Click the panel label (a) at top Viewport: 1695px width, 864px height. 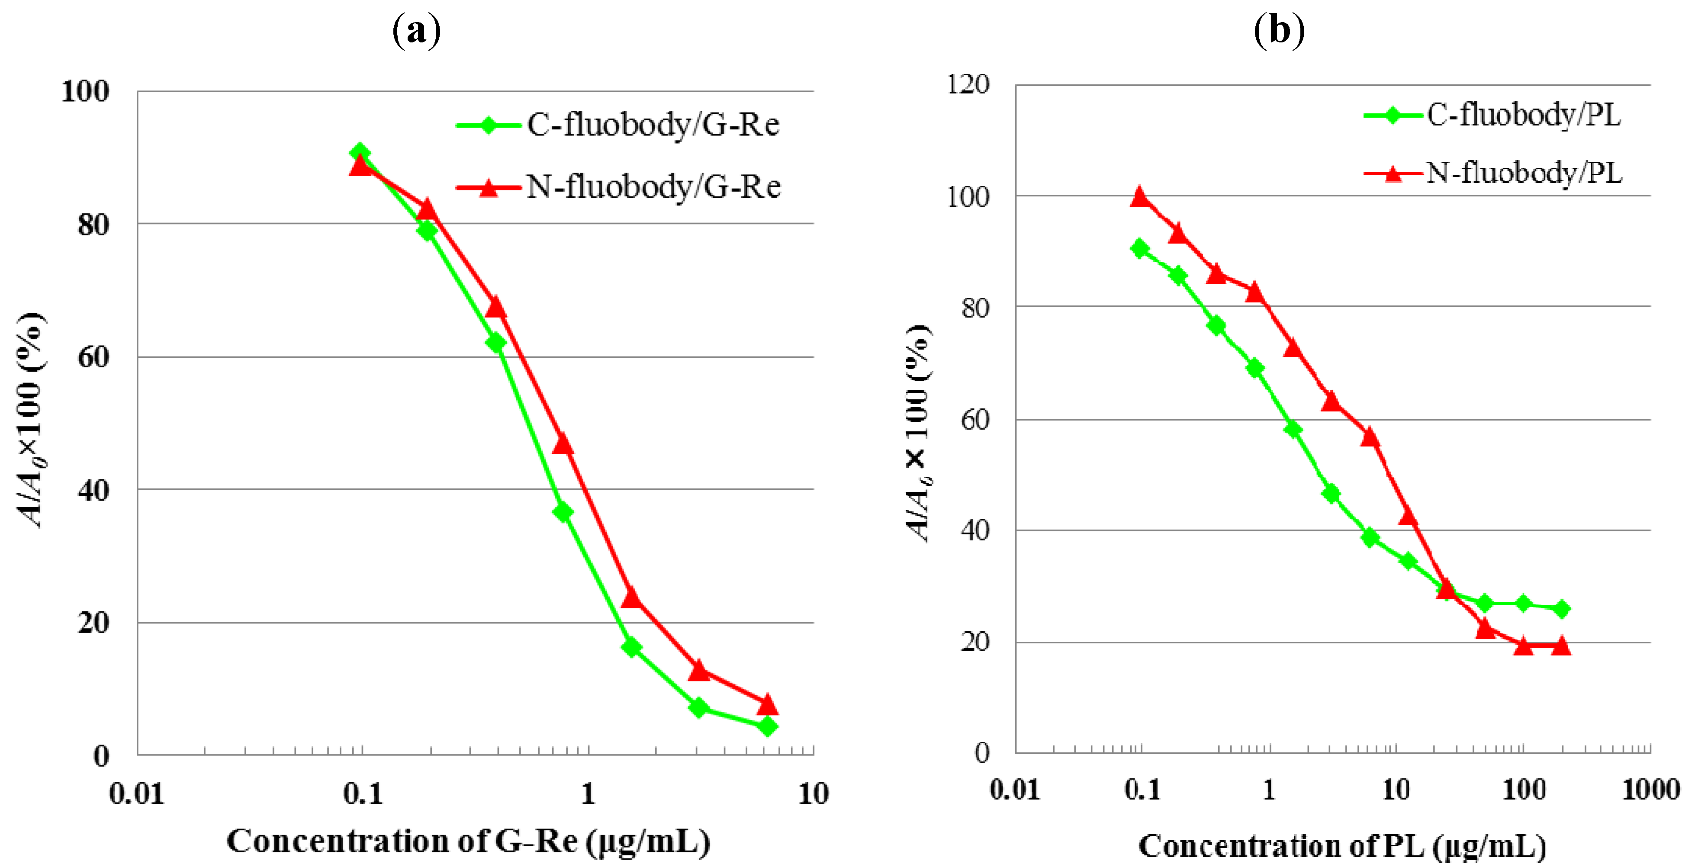click(416, 30)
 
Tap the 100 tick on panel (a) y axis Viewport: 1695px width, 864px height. click(85, 91)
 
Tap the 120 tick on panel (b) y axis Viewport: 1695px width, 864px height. click(967, 84)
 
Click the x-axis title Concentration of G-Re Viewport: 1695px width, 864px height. click(468, 842)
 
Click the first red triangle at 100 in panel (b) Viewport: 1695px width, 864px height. click(1140, 197)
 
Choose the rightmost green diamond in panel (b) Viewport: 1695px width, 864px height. click(1561, 609)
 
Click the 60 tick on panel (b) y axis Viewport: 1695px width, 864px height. click(975, 419)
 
